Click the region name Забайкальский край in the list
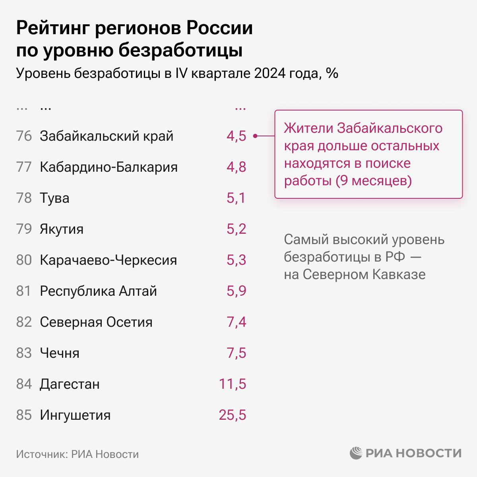[107, 136]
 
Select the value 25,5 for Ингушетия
[232, 415]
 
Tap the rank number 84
[24, 384]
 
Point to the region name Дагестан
[70, 384]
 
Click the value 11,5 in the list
[233, 384]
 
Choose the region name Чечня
[60, 353]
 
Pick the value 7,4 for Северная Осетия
[237, 322]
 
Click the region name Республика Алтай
[98, 291]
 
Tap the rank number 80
[24, 260]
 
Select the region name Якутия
[62, 229]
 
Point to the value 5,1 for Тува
[237, 198]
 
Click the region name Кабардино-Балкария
[109, 167]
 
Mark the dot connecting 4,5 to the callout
[255, 136]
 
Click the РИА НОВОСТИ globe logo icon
[356, 453]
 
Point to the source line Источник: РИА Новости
[78, 454]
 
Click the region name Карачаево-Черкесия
[108, 260]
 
